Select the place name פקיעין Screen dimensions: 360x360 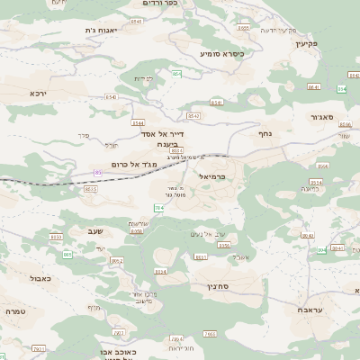[307, 42]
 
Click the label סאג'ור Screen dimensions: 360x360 [323, 116]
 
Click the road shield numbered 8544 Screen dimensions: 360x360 [138, 122]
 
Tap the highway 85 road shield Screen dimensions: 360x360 [97, 172]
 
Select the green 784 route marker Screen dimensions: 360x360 [158, 208]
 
